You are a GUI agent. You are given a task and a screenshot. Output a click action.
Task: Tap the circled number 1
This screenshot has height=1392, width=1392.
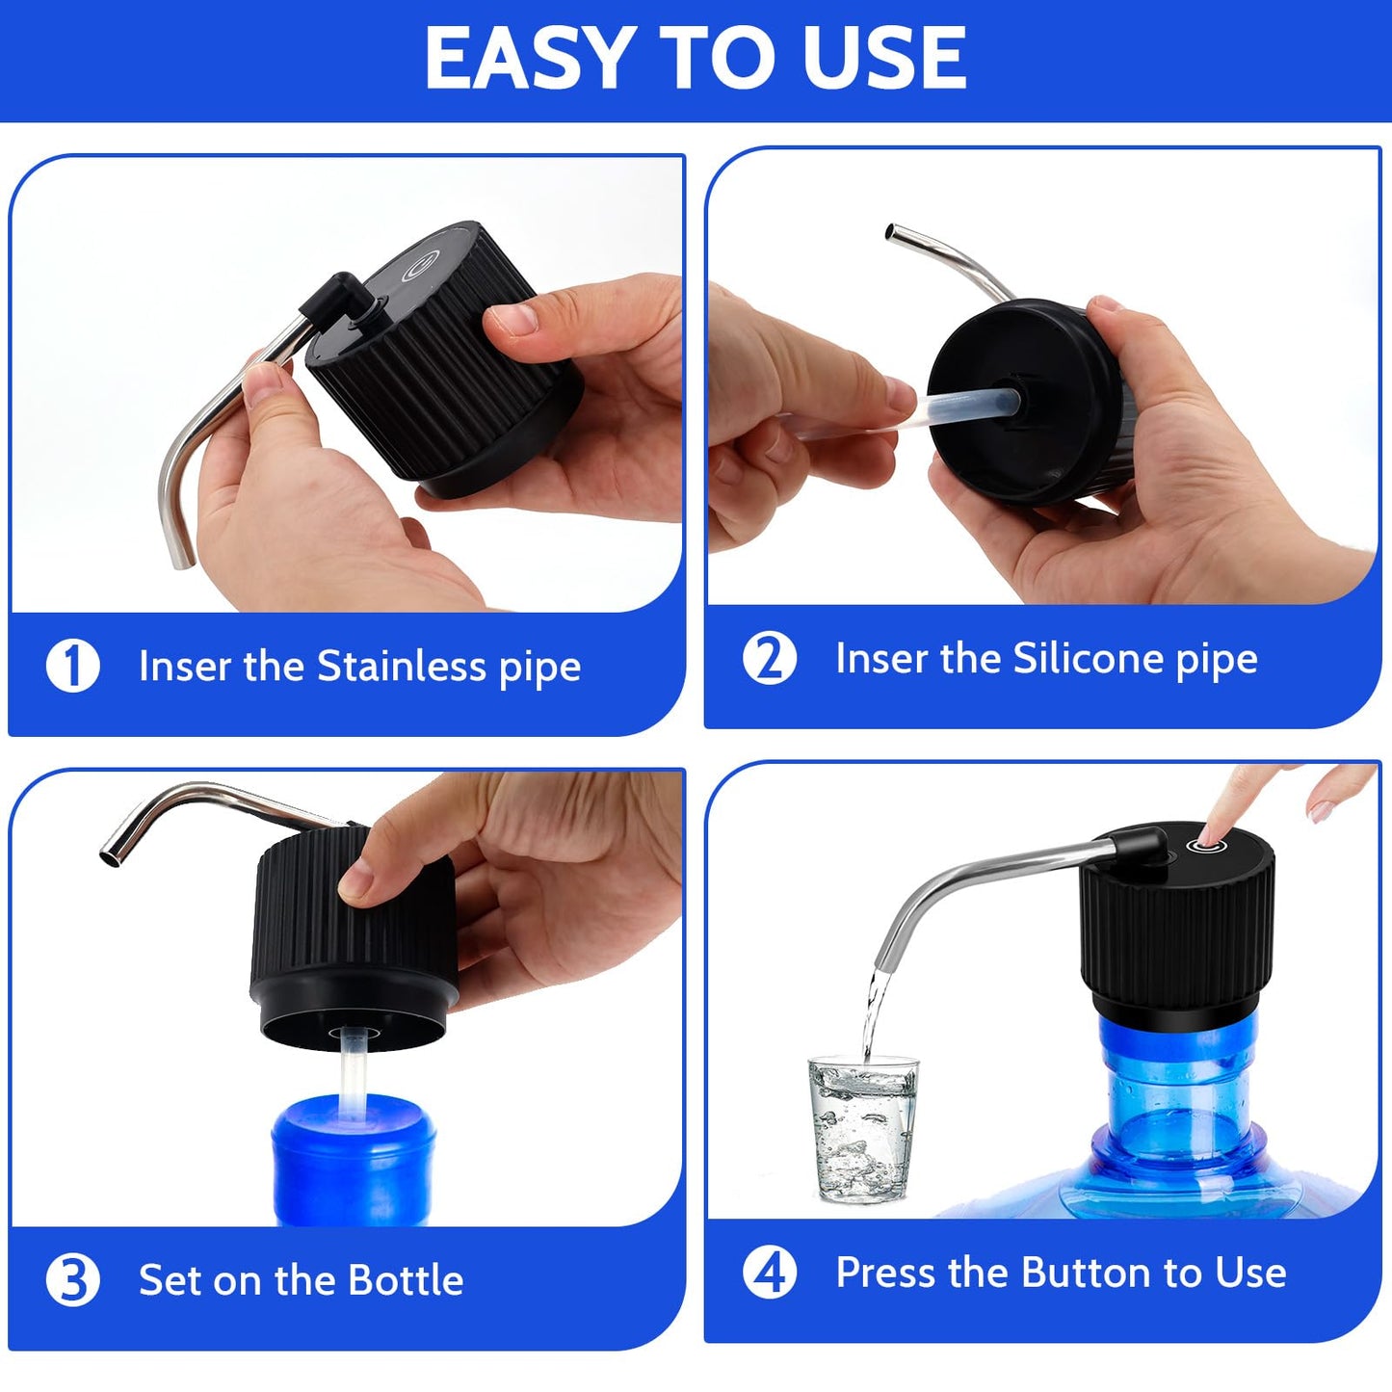pos(73,666)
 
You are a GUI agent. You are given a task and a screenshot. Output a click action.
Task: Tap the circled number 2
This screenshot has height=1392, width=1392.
pos(770,659)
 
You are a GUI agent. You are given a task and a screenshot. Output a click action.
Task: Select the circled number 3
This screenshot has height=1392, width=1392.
pos(73,1280)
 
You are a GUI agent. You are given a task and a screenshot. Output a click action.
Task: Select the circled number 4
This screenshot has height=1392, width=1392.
pos(770,1273)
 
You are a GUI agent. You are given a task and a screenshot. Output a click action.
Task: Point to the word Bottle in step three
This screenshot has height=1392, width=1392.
pos(406,1280)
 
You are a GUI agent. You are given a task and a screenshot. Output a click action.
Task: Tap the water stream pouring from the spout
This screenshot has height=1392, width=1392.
pos(871,1011)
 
